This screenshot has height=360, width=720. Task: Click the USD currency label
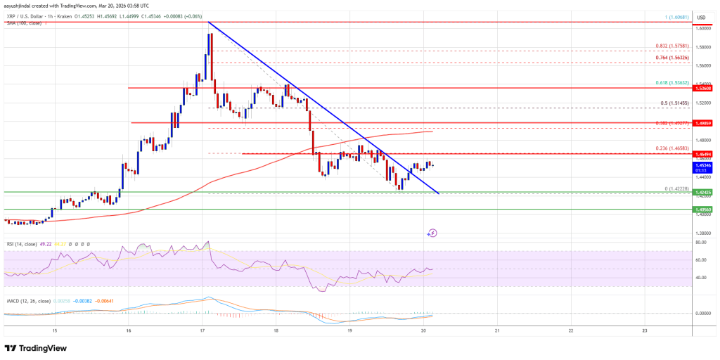click(x=700, y=18)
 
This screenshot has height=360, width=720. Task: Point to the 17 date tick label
click(x=202, y=330)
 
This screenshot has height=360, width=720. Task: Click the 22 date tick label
click(x=571, y=330)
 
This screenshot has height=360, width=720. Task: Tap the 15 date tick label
click(x=55, y=330)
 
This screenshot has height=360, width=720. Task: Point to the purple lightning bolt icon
click(x=432, y=232)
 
